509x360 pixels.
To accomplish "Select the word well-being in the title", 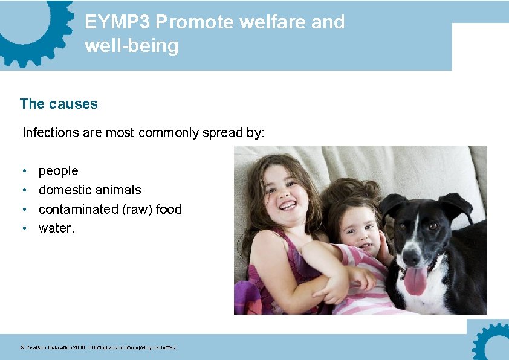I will click(132, 46).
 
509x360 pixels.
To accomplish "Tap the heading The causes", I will click(59, 104).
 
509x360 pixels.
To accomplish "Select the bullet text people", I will click(59, 171).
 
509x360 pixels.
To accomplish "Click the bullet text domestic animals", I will click(90, 190).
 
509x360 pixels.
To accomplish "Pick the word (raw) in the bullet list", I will click(136, 210).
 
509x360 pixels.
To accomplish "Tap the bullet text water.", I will click(56, 228).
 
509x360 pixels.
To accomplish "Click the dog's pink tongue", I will click(415, 280).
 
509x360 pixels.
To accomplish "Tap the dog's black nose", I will click(412, 257).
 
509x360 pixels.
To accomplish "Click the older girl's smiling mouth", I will click(288, 206).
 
